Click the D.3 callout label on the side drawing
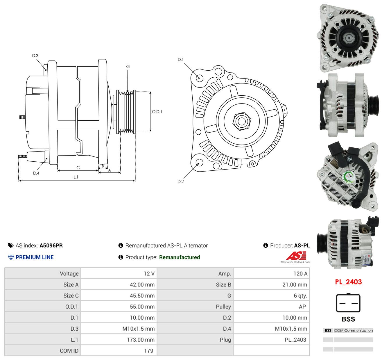pos(35,56)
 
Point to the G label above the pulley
pos(128,67)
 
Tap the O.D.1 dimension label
pos(157,112)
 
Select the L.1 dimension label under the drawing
pos(76,177)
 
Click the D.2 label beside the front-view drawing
pos(181,181)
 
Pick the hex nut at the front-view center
pos(242,121)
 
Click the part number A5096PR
pos(51,245)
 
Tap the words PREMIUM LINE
pos(35,257)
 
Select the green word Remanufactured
pos(180,257)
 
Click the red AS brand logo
pos(296,256)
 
